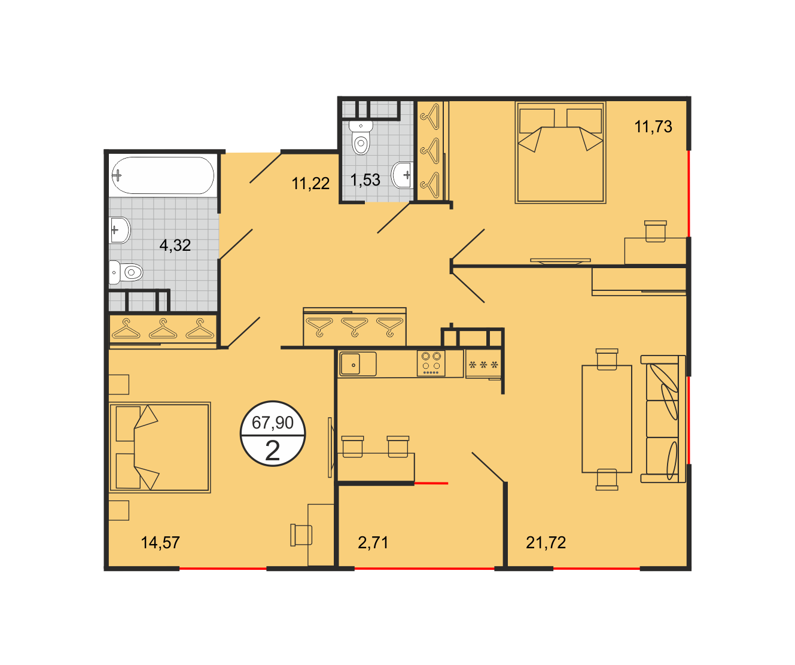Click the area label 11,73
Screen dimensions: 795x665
click(653, 126)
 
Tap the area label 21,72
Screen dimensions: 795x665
click(546, 543)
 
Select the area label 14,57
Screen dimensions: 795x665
click(160, 543)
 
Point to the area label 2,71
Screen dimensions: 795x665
click(373, 543)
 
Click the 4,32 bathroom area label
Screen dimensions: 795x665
click(175, 245)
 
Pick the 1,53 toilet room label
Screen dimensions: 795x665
click(365, 180)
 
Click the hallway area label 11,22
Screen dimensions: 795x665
click(310, 184)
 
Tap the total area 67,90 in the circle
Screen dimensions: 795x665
click(273, 423)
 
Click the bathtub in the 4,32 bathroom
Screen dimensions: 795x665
click(163, 175)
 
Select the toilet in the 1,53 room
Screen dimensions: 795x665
click(361, 137)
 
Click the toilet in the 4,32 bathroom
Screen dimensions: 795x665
click(126, 272)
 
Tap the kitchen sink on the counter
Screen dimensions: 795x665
click(358, 365)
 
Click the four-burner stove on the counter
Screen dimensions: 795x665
click(431, 363)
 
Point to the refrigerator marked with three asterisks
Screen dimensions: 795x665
click(483, 365)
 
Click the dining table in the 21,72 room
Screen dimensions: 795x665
click(607, 419)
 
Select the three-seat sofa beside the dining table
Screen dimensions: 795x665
click(663, 419)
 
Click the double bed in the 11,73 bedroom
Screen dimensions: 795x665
click(561, 153)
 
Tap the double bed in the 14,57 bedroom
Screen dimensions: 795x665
click(160, 447)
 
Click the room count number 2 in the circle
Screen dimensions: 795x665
click(273, 451)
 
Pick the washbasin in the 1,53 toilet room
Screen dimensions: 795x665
click(403, 175)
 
